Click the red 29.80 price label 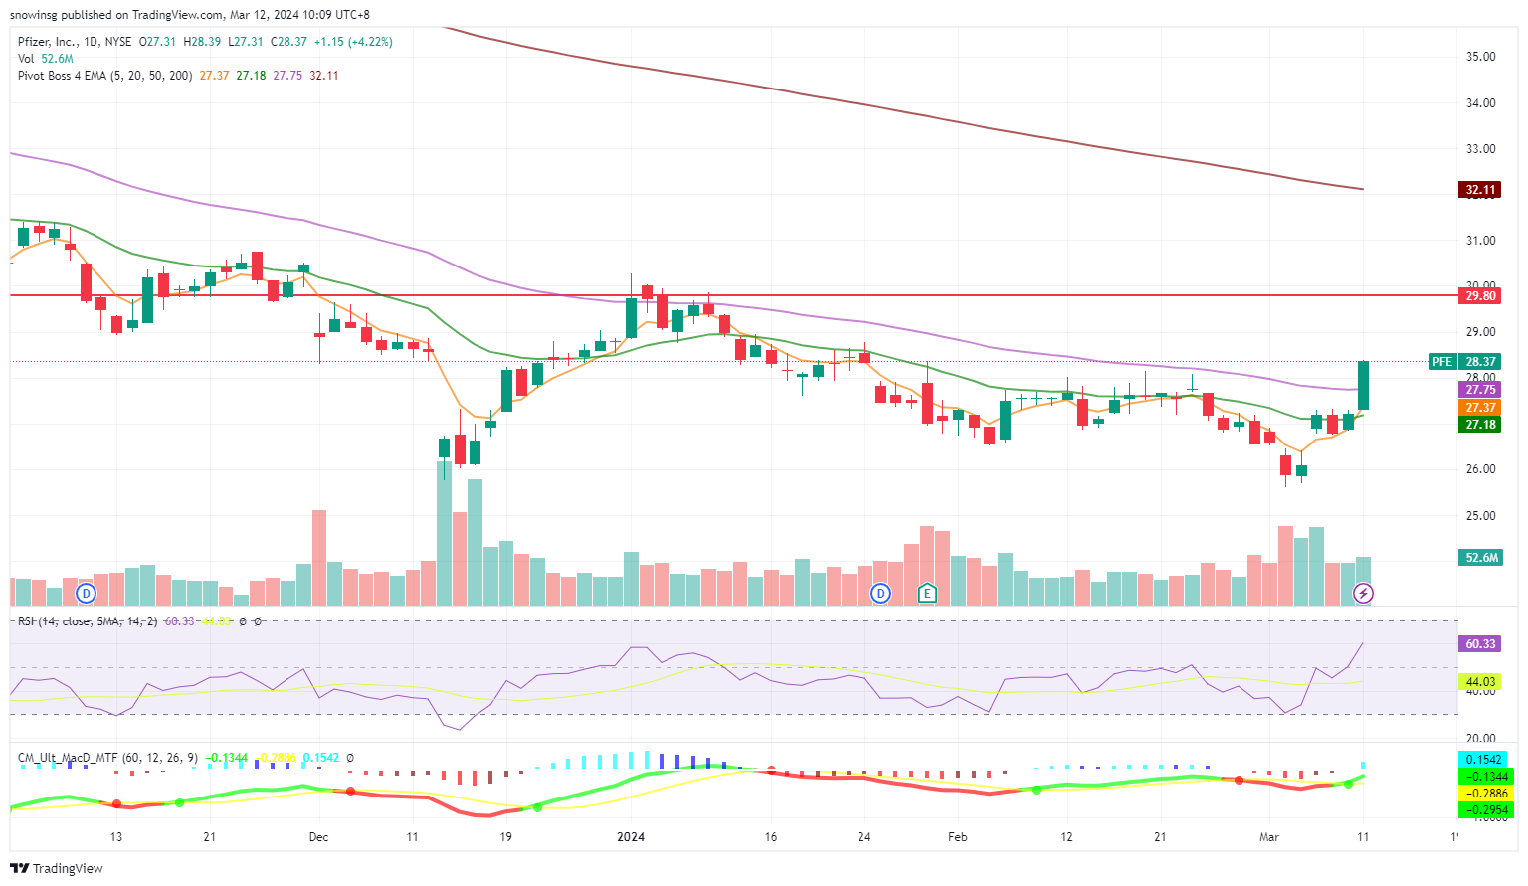pos(1480,295)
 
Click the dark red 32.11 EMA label pos(1480,189)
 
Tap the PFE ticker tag pos(1442,362)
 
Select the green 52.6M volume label pos(1481,558)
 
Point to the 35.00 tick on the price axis pos(1480,57)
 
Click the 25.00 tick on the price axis pos(1480,515)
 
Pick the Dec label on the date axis pos(318,837)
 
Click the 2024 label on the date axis pos(631,837)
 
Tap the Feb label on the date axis pos(957,837)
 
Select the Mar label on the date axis pos(1269,837)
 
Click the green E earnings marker pos(927,594)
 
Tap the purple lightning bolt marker pos(1363,594)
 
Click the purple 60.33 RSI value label pos(1480,644)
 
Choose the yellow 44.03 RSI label pos(1480,681)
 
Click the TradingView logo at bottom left pos(57,868)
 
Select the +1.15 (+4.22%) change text pos(353,42)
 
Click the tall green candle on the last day pos(1363,386)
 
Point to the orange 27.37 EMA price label pos(1480,408)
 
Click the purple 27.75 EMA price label pos(1480,390)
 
